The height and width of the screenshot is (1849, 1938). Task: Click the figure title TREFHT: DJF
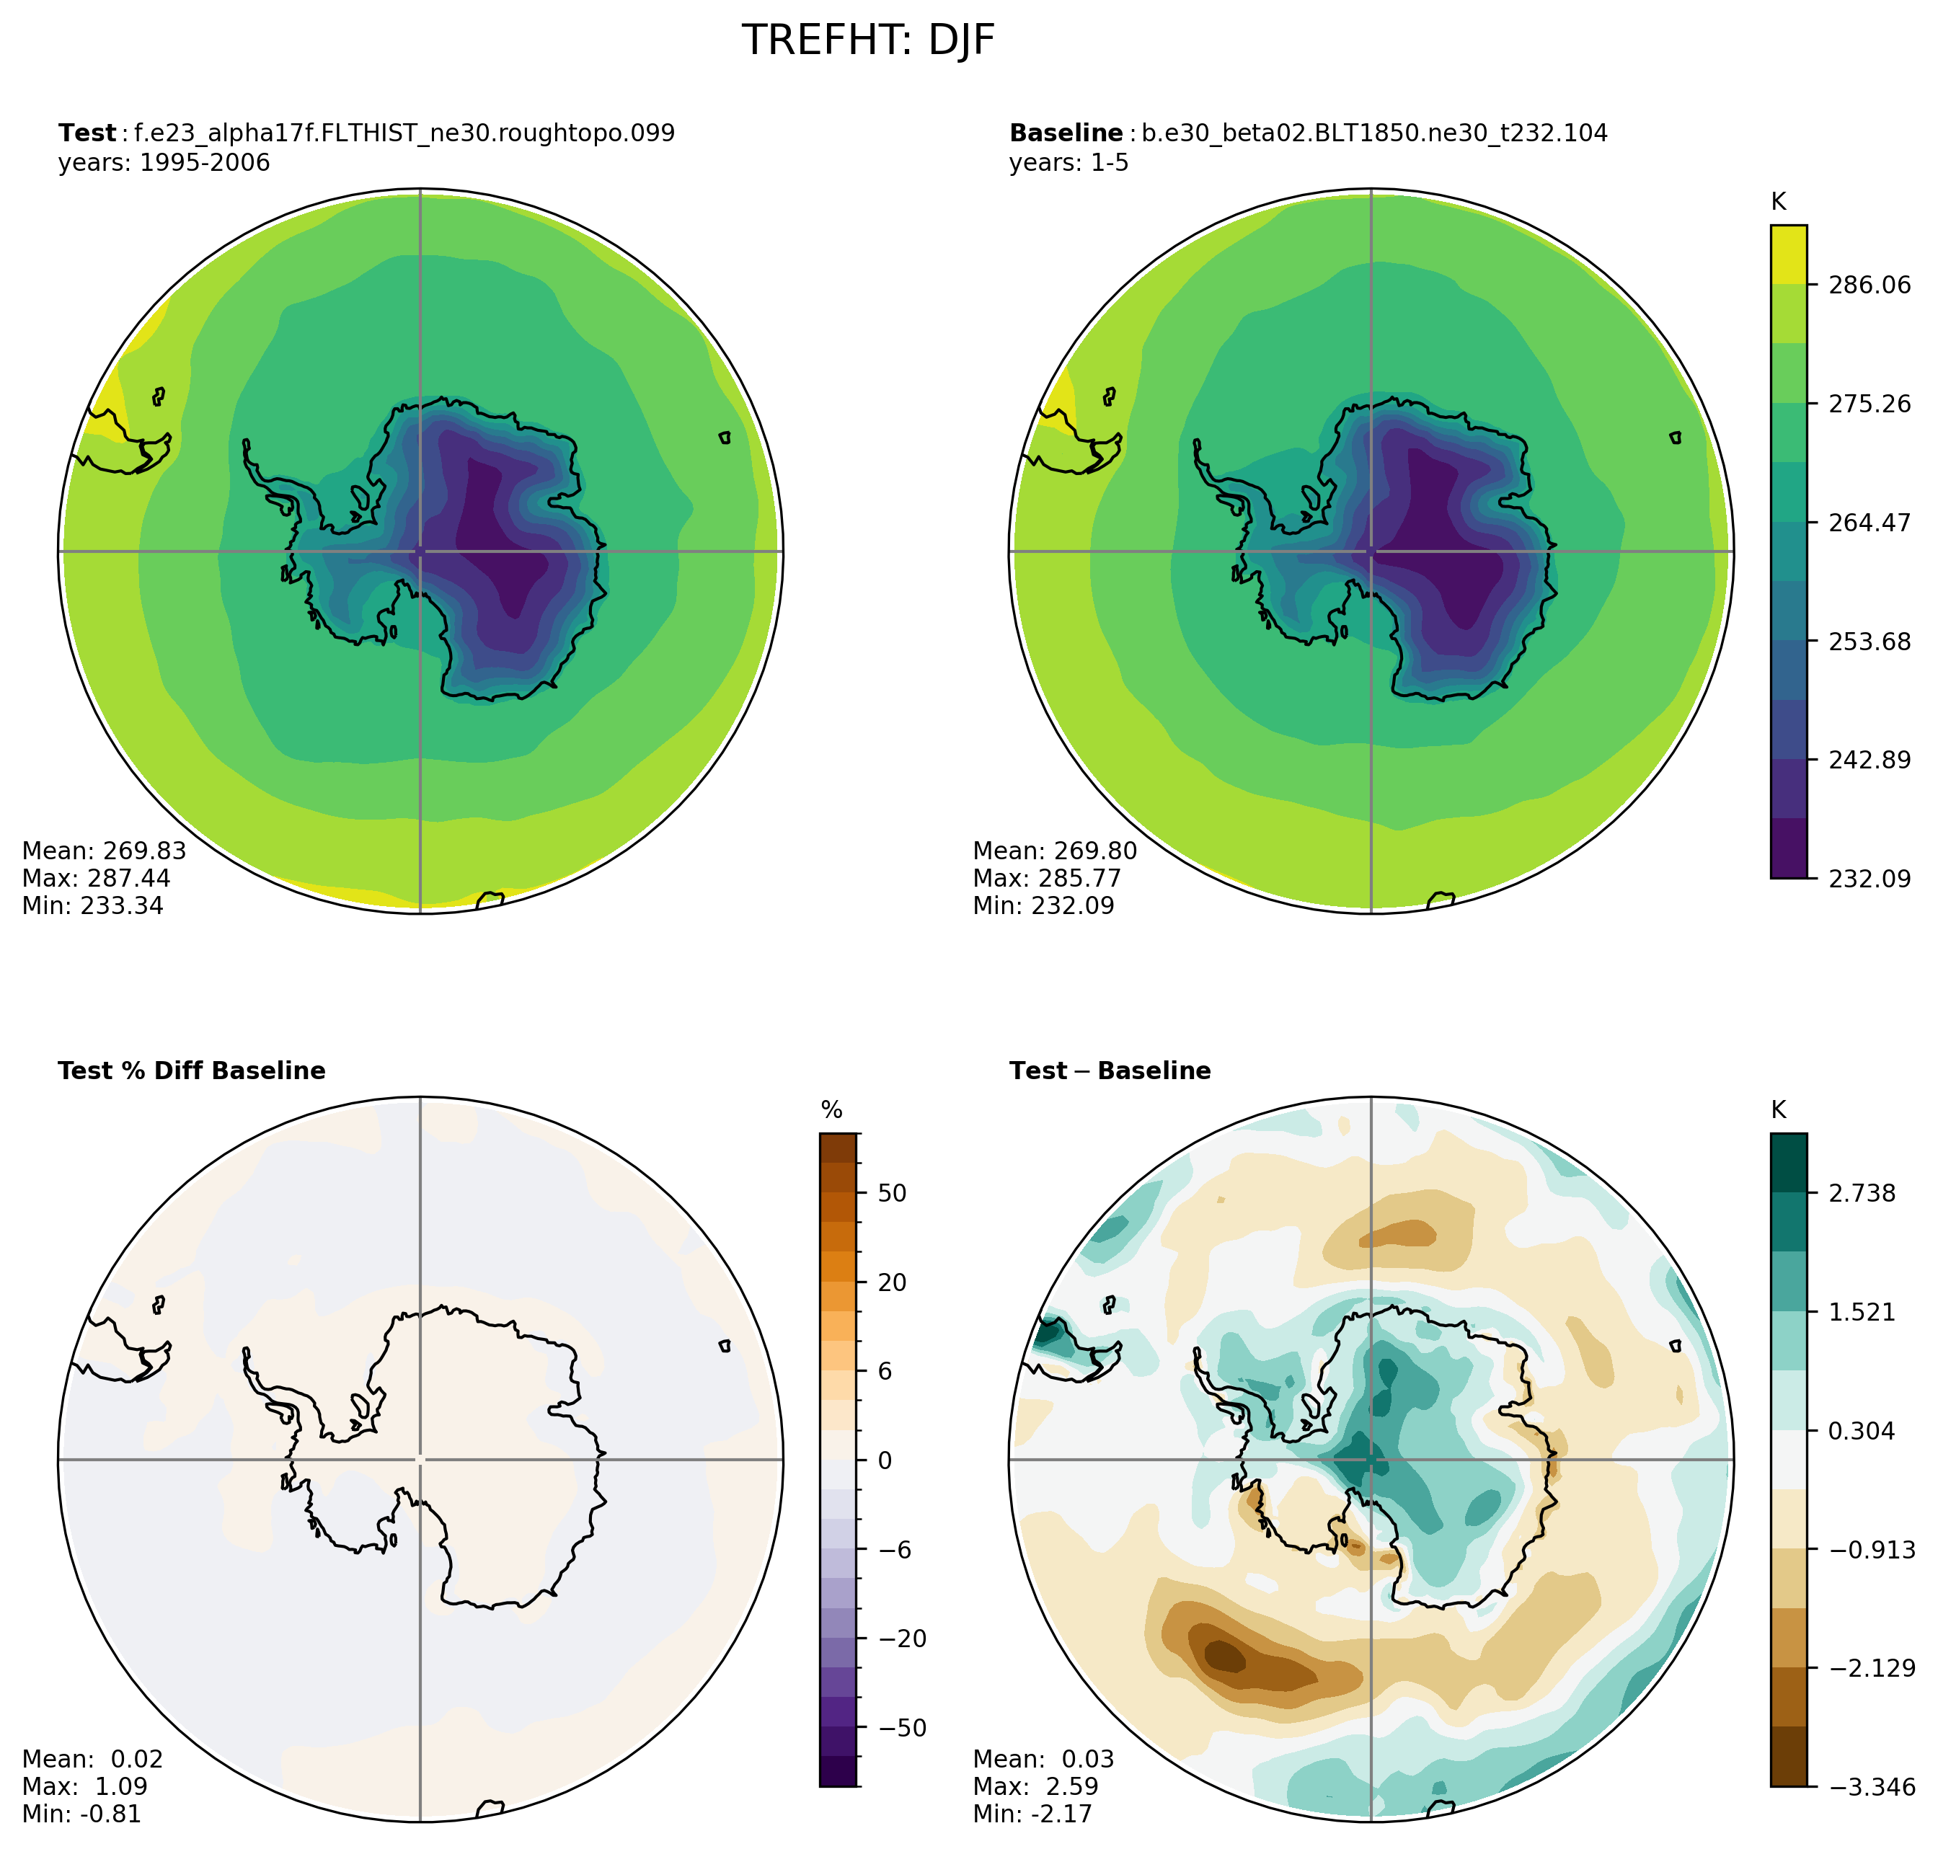[x=867, y=40]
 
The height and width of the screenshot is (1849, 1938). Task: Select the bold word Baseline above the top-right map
[x=1066, y=133]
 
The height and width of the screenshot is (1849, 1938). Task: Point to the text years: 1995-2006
[x=164, y=163]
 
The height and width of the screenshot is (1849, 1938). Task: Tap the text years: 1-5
[x=1068, y=163]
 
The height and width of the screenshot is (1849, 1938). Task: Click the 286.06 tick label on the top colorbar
[x=1869, y=285]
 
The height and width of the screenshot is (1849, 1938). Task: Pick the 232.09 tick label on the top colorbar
[x=1869, y=878]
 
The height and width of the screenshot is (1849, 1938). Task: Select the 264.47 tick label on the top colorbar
[x=1869, y=523]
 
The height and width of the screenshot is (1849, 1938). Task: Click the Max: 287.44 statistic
[x=96, y=878]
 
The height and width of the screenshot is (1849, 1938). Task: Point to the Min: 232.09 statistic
[x=1043, y=906]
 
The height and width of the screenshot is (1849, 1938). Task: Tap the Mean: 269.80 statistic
[x=1055, y=851]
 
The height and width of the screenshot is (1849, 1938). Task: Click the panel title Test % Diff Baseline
[x=191, y=1071]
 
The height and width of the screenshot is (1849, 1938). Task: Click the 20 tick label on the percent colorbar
[x=892, y=1282]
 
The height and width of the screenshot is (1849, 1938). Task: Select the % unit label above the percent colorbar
[x=832, y=1111]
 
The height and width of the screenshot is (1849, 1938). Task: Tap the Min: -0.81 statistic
[x=81, y=1814]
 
